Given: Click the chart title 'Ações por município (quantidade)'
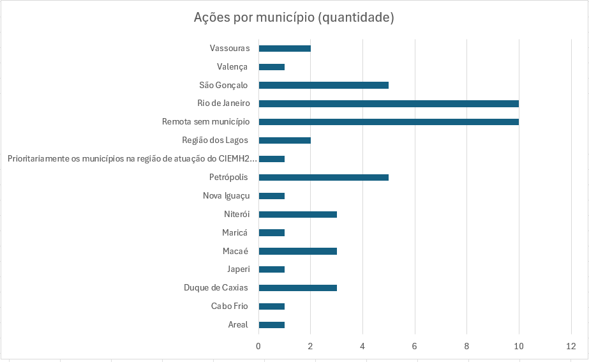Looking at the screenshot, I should [x=294, y=17].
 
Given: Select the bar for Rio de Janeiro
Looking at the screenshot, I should [x=388, y=103].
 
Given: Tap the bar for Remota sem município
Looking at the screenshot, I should [x=388, y=122].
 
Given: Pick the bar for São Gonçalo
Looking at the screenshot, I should [x=323, y=85].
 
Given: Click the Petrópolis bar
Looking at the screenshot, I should [x=323, y=177].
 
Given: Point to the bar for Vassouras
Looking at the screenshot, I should [x=284, y=49].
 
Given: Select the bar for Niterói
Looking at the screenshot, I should [x=297, y=215].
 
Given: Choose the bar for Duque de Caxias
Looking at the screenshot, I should [x=297, y=288].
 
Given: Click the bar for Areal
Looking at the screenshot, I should [x=271, y=325].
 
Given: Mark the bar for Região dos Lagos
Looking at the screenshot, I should [x=284, y=140].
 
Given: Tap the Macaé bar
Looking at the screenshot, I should [x=297, y=251].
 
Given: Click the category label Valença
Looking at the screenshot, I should [x=232, y=67].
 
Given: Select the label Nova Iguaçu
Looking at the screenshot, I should [x=226, y=196].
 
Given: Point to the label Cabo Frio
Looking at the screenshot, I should [x=229, y=306].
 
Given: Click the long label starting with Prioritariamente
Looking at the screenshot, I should [x=131, y=159].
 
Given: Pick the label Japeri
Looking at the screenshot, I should [x=238, y=269].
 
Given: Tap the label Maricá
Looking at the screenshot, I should [x=235, y=233].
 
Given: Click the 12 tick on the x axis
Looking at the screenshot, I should [x=570, y=346].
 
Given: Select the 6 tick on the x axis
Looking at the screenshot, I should [x=415, y=346].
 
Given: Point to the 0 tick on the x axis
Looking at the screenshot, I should [x=258, y=346].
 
